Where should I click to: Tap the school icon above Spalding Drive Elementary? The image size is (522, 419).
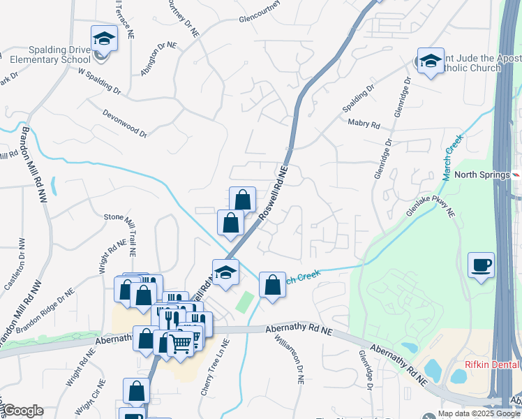tap(104, 38)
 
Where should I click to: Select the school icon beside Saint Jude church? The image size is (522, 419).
tap(431, 61)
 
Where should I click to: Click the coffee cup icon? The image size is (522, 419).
tap(481, 265)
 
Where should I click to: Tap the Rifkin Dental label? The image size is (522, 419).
tap(493, 365)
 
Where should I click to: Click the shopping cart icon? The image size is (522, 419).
tap(181, 342)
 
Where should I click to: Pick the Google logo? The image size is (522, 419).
tap(23, 411)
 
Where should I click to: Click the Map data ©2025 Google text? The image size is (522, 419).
tap(479, 413)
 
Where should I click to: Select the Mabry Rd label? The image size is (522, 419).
tap(364, 124)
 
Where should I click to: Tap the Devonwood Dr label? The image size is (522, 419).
tap(125, 123)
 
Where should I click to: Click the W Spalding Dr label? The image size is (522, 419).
tap(100, 81)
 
